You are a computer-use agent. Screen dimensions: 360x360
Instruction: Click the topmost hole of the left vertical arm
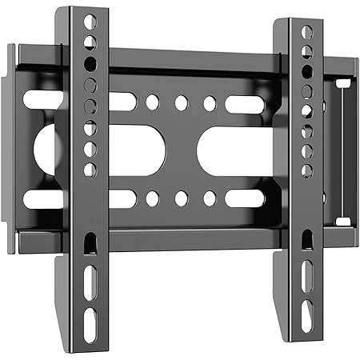pyautogui.click(x=90, y=22)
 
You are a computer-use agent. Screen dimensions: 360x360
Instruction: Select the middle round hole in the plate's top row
pyautogui.click(x=181, y=102)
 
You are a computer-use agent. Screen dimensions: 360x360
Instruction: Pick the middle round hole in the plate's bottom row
pyautogui.click(x=181, y=198)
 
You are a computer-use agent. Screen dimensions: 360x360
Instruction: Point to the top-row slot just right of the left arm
pyautogui.click(x=122, y=102)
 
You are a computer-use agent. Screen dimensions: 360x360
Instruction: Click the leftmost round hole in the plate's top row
pyautogui.click(x=152, y=102)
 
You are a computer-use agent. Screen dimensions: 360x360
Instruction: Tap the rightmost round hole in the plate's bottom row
pyautogui.click(x=210, y=198)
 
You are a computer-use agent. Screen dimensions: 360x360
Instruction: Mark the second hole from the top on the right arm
pyautogui.click(x=306, y=52)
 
